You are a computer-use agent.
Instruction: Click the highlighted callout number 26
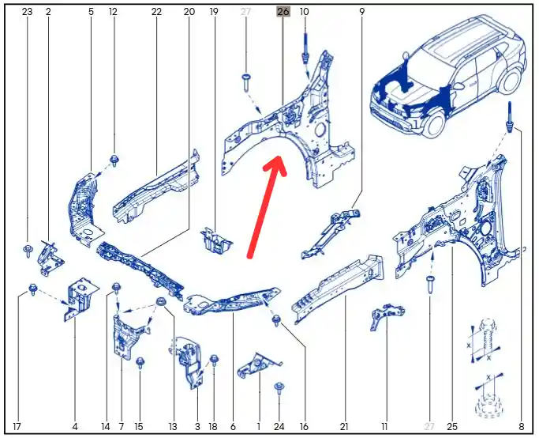pyautogui.click(x=283, y=12)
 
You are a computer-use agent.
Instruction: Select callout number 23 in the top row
pyautogui.click(x=27, y=12)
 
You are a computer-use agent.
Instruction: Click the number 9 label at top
pyautogui.click(x=361, y=12)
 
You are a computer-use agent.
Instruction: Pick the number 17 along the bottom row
pyautogui.click(x=17, y=427)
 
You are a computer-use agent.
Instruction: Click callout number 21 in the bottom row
pyautogui.click(x=344, y=427)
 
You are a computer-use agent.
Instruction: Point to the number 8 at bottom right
pyautogui.click(x=521, y=427)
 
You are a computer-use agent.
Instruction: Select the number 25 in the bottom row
pyautogui.click(x=452, y=427)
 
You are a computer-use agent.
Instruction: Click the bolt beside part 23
pyautogui.click(x=27, y=251)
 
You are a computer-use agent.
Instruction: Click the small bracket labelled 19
pyautogui.click(x=216, y=240)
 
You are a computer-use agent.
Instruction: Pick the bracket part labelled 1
pyautogui.click(x=258, y=366)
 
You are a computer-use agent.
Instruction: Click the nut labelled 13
pyautogui.click(x=160, y=302)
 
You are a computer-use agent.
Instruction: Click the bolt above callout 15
pyautogui.click(x=140, y=362)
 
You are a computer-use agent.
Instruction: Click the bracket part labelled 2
pyautogui.click(x=51, y=258)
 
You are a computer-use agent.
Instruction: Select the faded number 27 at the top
pyautogui.click(x=245, y=12)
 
